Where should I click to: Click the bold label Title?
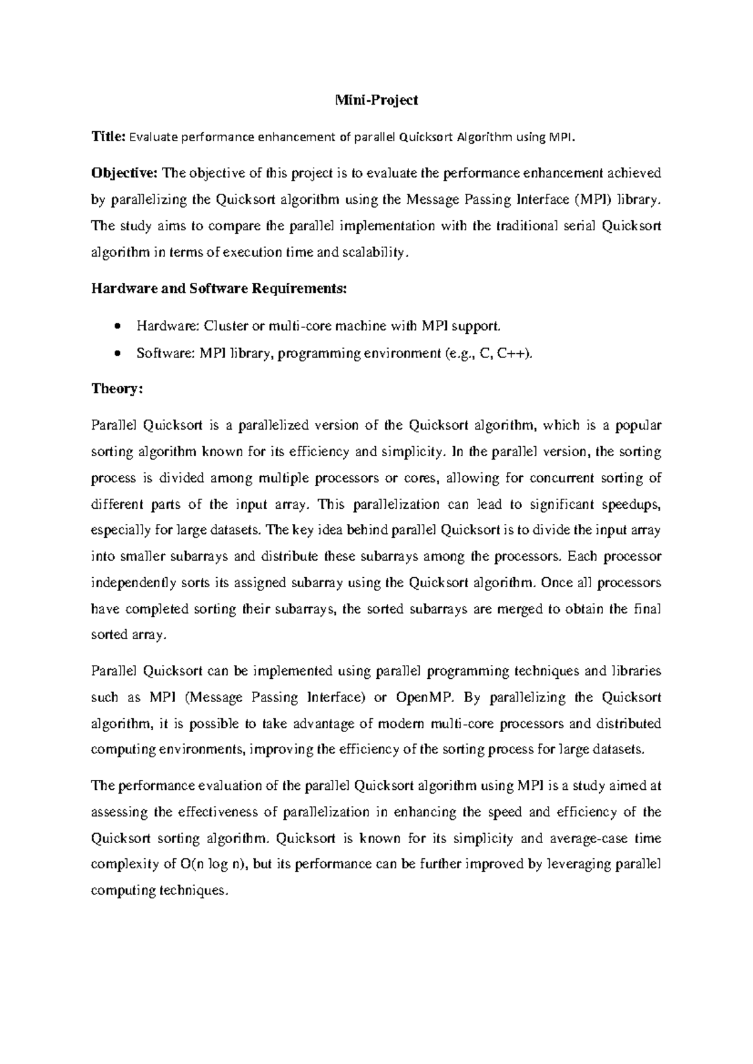coord(109,137)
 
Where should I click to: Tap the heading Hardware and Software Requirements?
coord(218,289)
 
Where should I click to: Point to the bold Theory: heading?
coord(117,389)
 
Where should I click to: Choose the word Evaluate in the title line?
coord(153,137)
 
